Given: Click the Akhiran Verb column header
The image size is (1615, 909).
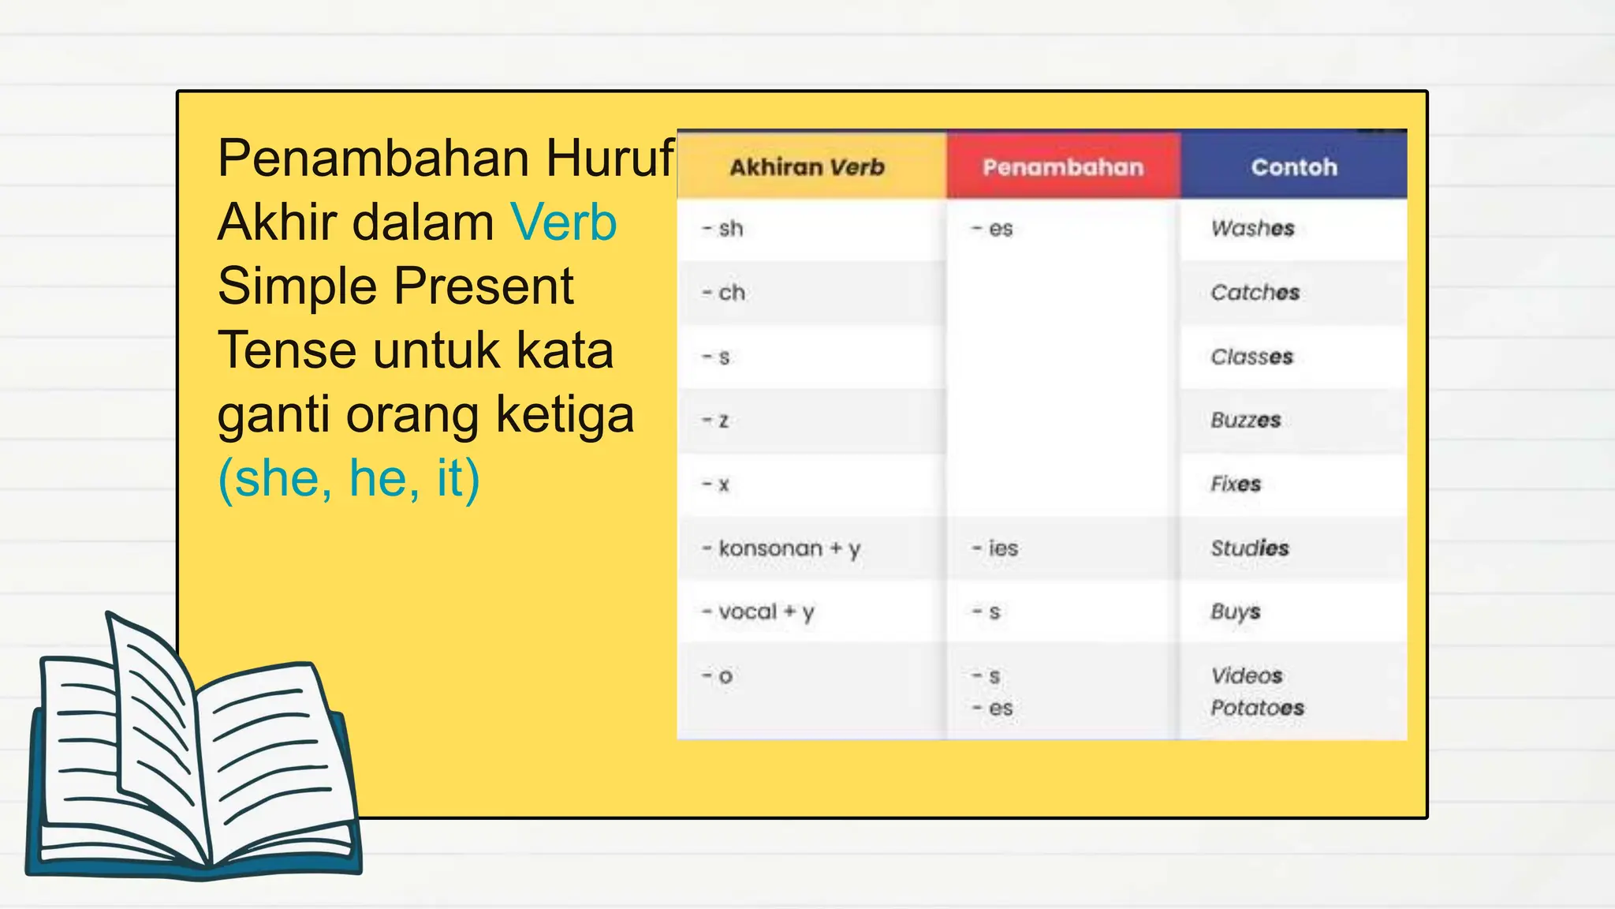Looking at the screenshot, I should pos(807,167).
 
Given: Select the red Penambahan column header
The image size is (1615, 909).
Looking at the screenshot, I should pos(1062,167).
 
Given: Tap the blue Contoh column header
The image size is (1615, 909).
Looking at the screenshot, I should pos(1293,167).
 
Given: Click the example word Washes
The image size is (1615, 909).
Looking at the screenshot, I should pos(1252,229).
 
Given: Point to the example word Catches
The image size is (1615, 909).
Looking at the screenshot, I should pos(1255,293).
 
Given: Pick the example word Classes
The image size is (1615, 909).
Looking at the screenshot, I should pos(1251,357).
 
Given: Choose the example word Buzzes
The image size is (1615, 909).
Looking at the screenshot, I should pos(1245,420).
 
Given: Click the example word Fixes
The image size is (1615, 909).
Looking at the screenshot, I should pos(1236,484).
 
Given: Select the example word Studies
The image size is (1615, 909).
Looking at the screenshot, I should pos(1249,548).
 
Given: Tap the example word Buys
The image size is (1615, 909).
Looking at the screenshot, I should pos(1235,612).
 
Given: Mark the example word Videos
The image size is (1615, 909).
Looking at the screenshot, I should pos(1246,675).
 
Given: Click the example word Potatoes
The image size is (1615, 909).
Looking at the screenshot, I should pos(1257,708).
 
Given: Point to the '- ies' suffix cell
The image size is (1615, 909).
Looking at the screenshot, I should pos(995,548).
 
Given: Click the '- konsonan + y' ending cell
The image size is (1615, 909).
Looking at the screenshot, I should pos(781,548).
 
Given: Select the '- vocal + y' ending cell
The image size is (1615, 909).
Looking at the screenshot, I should pos(758,612).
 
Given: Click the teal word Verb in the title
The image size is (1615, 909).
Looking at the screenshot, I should pos(563,223).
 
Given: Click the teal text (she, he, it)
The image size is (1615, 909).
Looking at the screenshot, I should pos(349,478).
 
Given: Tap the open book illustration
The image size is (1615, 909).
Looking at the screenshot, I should pos(193,757).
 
